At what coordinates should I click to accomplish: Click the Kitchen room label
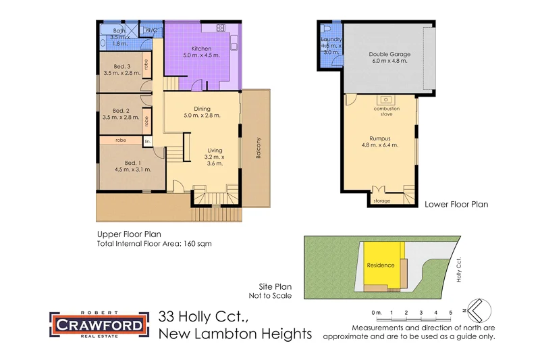click(201, 49)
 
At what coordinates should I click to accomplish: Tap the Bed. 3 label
click(122, 66)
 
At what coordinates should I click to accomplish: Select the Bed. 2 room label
click(121, 111)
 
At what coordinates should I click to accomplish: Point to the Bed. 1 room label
click(133, 162)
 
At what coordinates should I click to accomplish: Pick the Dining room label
click(202, 108)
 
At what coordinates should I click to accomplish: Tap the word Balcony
click(258, 149)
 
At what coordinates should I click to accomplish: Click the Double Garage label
click(389, 54)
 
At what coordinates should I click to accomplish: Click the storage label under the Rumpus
click(382, 201)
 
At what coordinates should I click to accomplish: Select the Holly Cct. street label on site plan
click(458, 269)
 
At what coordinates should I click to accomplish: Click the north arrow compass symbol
click(479, 311)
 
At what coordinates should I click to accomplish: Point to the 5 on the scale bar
click(450, 313)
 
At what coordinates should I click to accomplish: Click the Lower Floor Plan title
click(456, 203)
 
